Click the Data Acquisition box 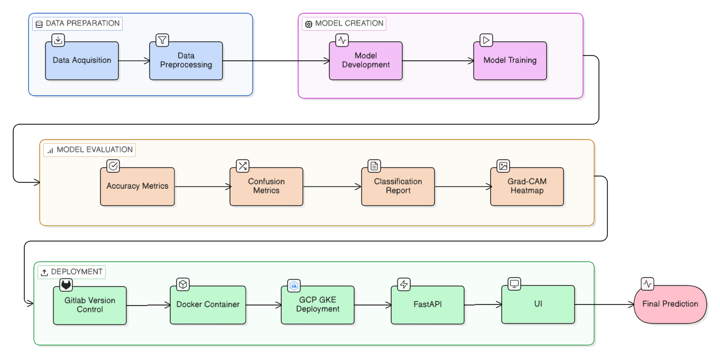click(x=82, y=61)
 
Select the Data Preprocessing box click(x=186, y=61)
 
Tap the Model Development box click(x=366, y=61)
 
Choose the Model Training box click(x=510, y=61)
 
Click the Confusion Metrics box click(x=266, y=187)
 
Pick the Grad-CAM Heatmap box click(x=527, y=187)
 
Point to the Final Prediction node click(x=670, y=304)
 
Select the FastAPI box click(x=428, y=305)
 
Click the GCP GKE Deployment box click(x=318, y=305)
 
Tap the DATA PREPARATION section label click(x=77, y=24)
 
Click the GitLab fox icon click(x=66, y=284)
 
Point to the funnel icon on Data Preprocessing click(x=162, y=40)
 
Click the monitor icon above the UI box click(x=514, y=284)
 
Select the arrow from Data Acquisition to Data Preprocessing click(x=134, y=61)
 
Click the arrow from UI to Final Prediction click(x=604, y=304)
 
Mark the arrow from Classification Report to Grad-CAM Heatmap click(x=463, y=187)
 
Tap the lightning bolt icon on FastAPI click(x=404, y=284)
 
